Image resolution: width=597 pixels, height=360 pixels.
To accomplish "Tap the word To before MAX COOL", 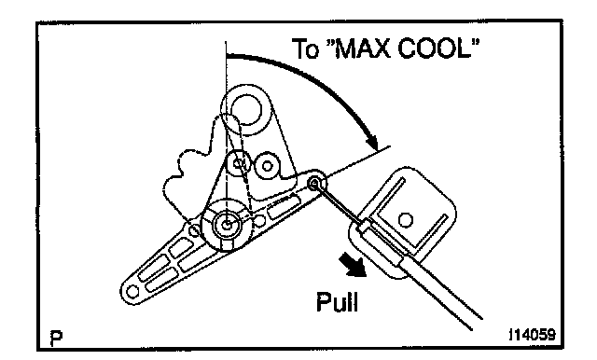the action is tap(305, 48).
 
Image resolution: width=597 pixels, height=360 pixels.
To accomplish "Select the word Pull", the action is tap(338, 302).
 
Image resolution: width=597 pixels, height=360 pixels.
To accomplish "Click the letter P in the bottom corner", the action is tap(56, 338).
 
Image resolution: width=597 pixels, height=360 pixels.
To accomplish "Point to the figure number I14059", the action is tap(532, 335).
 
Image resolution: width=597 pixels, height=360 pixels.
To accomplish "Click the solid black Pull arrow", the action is tap(353, 265).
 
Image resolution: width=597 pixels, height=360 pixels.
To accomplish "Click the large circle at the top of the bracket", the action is tap(246, 110).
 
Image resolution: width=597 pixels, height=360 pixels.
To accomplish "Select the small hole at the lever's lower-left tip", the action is tap(132, 292).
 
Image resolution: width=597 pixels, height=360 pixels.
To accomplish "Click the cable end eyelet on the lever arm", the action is tap(314, 184).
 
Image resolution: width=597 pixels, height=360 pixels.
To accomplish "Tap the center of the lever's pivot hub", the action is tap(227, 226).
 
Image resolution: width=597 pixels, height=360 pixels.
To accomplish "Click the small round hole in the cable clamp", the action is tap(405, 220).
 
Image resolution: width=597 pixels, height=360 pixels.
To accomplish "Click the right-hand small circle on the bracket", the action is tap(267, 165).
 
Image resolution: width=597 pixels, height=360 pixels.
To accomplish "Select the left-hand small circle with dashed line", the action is tap(239, 164).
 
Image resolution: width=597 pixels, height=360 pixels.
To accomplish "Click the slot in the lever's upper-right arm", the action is tap(284, 206).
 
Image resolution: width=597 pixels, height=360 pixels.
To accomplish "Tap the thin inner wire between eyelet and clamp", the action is tap(339, 204).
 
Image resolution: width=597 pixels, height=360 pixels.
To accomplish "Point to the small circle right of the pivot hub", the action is tap(259, 220).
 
